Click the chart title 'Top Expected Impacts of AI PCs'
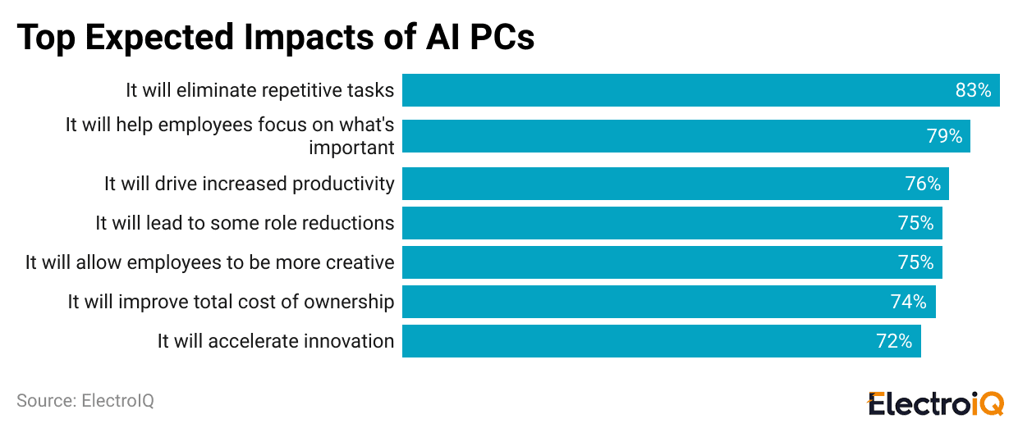pyautogui.click(x=276, y=38)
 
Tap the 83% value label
pyautogui.click(x=974, y=90)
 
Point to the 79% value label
pyautogui.click(x=944, y=136)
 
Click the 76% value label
pyautogui.click(x=923, y=184)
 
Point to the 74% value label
pyautogui.click(x=909, y=302)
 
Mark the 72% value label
pyautogui.click(x=894, y=341)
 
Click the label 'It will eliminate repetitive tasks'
pyautogui.click(x=259, y=90)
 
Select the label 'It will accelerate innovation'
pyautogui.click(x=276, y=341)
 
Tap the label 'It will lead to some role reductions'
pyautogui.click(x=245, y=223)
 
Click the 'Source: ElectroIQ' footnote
pyautogui.click(x=85, y=401)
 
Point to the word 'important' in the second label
pyautogui.click(x=351, y=148)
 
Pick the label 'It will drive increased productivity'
pyautogui.click(x=249, y=184)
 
